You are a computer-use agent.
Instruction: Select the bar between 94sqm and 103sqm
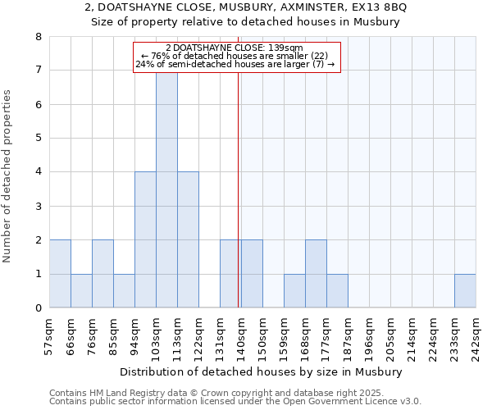(145, 239)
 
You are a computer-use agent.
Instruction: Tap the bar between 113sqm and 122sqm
(188, 239)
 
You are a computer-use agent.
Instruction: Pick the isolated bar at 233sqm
(465, 291)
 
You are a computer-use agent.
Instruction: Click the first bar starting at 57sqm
(60, 274)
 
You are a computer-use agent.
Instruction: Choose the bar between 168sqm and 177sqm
(316, 274)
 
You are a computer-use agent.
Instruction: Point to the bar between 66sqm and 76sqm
(81, 291)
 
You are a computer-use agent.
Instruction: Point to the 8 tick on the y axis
(38, 37)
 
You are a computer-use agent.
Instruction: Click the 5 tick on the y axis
(38, 139)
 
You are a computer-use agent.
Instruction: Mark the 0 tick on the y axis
(38, 308)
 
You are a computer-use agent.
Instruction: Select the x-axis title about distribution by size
(267, 371)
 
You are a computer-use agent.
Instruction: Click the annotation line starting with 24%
(235, 65)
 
